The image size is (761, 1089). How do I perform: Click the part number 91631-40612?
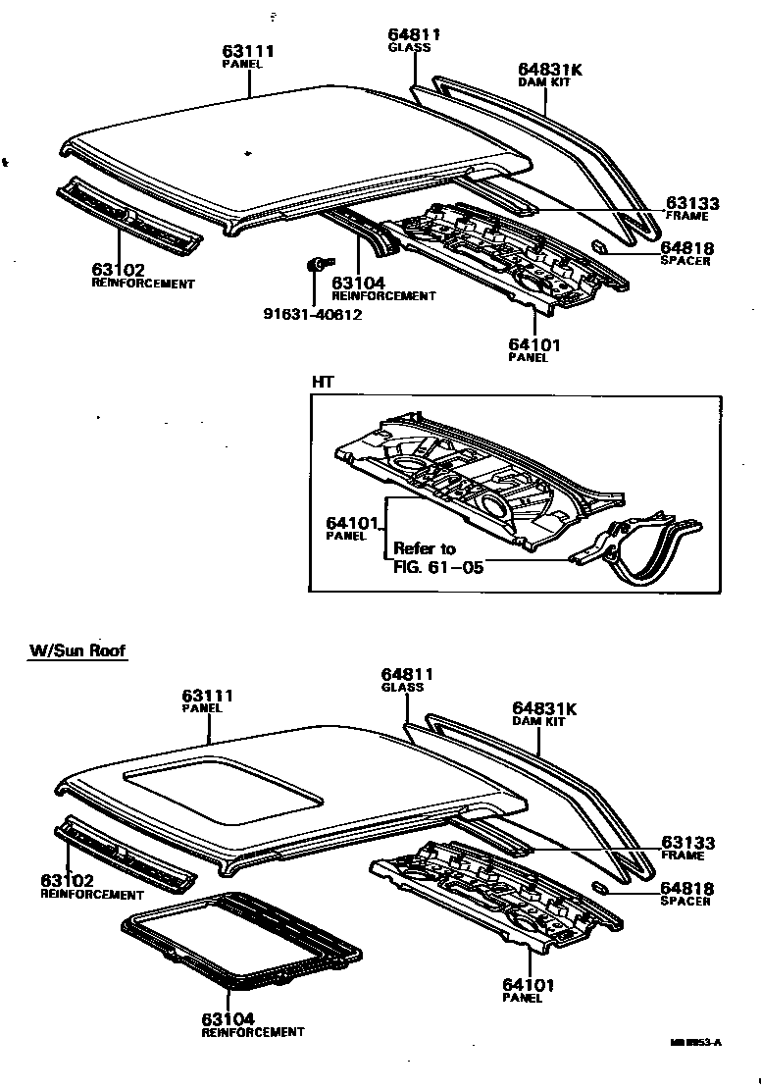pos(312,315)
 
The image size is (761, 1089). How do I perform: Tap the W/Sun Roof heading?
pos(77,650)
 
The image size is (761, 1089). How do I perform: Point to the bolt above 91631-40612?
pos(317,263)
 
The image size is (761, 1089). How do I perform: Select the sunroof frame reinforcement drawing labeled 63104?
pos(240,940)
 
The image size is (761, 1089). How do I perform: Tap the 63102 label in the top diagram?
pos(119,270)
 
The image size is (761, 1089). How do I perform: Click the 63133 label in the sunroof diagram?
pos(686,843)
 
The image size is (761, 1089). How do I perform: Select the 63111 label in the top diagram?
pos(246,51)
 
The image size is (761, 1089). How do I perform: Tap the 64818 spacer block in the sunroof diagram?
pos(601,887)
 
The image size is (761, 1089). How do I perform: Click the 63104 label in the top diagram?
pos(359,284)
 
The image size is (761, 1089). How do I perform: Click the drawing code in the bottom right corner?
pos(694,1043)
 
